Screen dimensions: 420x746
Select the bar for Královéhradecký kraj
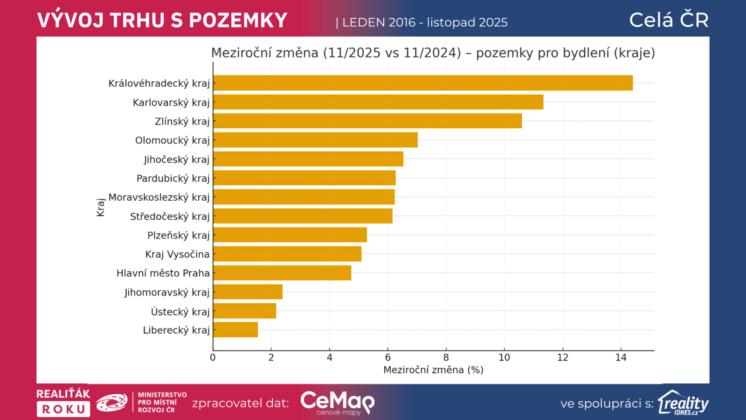pyautogui.click(x=422, y=83)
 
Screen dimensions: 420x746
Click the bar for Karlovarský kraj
pyautogui.click(x=378, y=102)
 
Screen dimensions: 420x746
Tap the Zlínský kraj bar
pyautogui.click(x=367, y=121)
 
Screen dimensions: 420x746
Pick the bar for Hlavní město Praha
pyautogui.click(x=282, y=273)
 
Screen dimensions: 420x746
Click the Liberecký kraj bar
pyautogui.click(x=235, y=329)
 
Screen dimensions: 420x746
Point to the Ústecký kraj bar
pyautogui.click(x=244, y=311)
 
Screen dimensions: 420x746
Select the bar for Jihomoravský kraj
pyautogui.click(x=248, y=292)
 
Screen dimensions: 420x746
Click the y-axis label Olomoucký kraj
pyautogui.click(x=172, y=140)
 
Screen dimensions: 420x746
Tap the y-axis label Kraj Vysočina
pyautogui.click(x=177, y=254)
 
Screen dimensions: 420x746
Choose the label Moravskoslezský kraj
pyautogui.click(x=159, y=197)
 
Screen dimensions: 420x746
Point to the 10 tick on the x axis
pyautogui.click(x=504, y=358)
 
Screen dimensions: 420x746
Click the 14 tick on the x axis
pyautogui.click(x=621, y=358)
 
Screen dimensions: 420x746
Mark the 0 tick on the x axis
pyautogui.click(x=213, y=358)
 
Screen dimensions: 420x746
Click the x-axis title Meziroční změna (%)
pyautogui.click(x=433, y=370)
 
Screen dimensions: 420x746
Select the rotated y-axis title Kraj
pyautogui.click(x=101, y=207)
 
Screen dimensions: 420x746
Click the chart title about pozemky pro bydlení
pyautogui.click(x=433, y=53)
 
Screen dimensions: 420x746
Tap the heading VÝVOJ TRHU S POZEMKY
pyautogui.click(x=162, y=21)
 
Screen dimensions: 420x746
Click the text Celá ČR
pyautogui.click(x=669, y=20)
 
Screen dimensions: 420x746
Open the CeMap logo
pyautogui.click(x=337, y=403)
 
